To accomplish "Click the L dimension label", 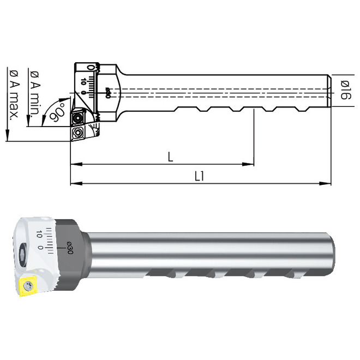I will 170,157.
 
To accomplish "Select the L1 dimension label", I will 199,176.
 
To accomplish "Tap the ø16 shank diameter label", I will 345,90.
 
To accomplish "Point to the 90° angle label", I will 57,113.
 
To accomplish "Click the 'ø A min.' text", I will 34,93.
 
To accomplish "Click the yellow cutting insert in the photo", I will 27,286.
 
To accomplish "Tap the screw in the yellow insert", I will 26,286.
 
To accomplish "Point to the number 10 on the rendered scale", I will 39,234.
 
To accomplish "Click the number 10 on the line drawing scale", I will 83,81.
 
